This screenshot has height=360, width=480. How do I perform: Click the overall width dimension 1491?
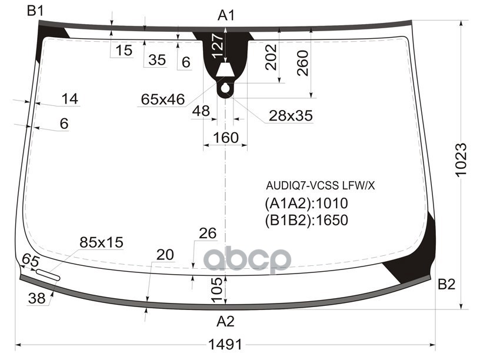click(x=225, y=345)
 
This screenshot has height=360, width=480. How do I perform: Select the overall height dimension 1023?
click(x=461, y=159)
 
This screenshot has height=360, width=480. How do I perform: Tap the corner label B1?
click(x=35, y=11)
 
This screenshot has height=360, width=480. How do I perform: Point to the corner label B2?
click(x=446, y=284)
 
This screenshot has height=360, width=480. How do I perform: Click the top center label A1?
click(x=226, y=15)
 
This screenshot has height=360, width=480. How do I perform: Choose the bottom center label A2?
click(x=226, y=321)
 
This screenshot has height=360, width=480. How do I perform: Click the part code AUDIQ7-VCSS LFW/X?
click(x=320, y=185)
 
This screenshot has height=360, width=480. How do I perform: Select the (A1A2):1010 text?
click(x=306, y=204)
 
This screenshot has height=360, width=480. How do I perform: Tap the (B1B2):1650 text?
click(x=306, y=220)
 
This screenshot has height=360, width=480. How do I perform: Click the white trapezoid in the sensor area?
click(x=225, y=70)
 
